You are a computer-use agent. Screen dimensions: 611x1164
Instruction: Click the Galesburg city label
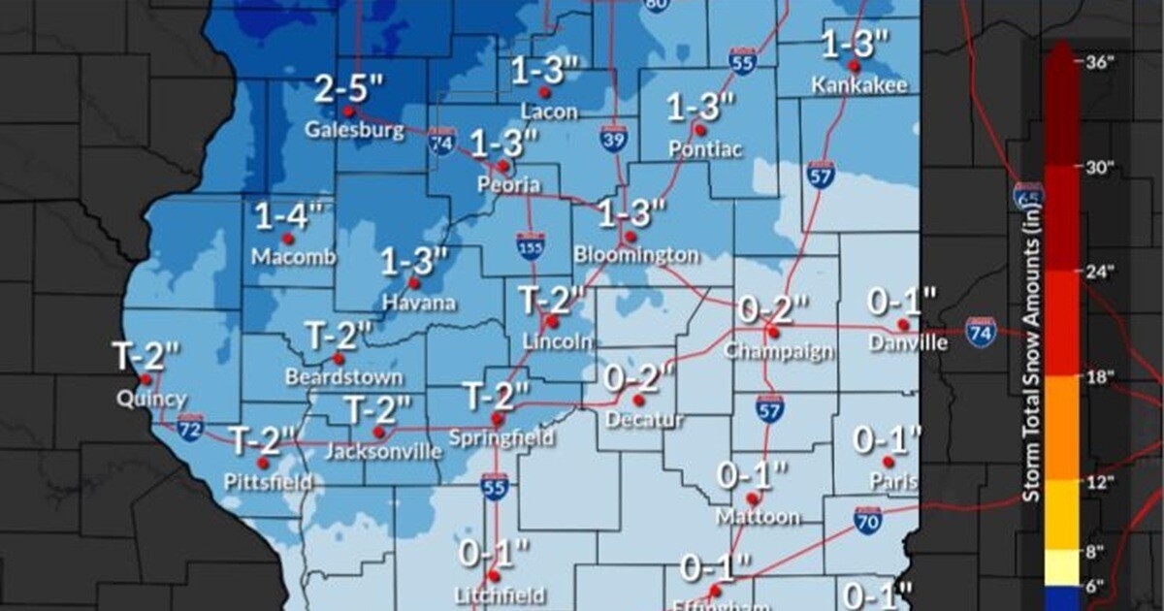355,130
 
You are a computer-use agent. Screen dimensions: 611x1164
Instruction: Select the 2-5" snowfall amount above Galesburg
349,91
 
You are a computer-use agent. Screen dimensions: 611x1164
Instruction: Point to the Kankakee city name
860,85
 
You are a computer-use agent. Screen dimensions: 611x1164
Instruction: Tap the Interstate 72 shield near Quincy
190,426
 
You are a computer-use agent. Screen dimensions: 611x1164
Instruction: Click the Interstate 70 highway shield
868,521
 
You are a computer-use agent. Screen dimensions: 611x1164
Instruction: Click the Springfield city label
501,438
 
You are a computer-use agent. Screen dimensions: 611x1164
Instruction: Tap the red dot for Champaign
773,332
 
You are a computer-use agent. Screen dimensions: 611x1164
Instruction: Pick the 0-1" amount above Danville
903,302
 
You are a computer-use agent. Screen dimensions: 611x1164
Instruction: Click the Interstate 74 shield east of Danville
981,332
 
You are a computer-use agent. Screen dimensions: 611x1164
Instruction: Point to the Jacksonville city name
382,451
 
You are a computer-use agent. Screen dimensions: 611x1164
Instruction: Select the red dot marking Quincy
145,379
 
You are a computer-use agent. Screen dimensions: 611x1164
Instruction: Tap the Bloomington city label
635,255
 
